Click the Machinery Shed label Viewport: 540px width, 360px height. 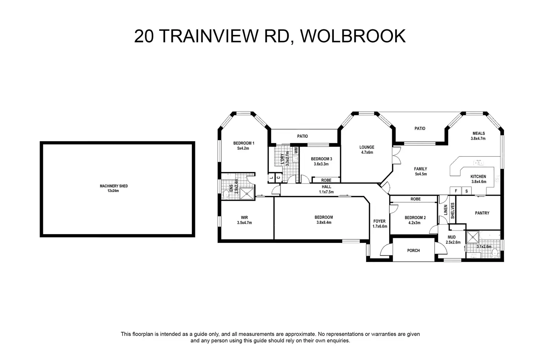[x=114, y=186]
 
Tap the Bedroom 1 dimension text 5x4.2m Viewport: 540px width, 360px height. [x=243, y=148]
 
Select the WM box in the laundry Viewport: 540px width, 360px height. [x=296, y=151]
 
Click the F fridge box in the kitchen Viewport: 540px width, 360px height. [x=456, y=191]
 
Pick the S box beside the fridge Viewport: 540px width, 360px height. [x=467, y=191]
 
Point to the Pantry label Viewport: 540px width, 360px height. [x=482, y=213]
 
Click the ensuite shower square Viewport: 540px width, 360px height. [x=247, y=194]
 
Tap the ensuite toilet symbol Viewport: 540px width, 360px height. [x=226, y=194]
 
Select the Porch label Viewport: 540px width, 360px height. [x=413, y=251]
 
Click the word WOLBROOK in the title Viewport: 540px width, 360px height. [x=353, y=36]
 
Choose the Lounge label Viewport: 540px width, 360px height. [x=367, y=147]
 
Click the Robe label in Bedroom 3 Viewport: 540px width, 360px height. [x=326, y=180]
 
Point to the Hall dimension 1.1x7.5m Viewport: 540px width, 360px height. [x=326, y=192]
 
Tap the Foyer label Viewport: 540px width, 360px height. [x=379, y=221]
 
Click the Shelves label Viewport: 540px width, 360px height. [x=452, y=211]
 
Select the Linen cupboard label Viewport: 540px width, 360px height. [x=445, y=210]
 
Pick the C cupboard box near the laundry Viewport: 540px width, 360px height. [x=278, y=178]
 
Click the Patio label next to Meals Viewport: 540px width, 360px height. [x=420, y=128]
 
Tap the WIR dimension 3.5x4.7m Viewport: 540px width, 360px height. [x=244, y=222]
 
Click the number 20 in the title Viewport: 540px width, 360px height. [x=144, y=36]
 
